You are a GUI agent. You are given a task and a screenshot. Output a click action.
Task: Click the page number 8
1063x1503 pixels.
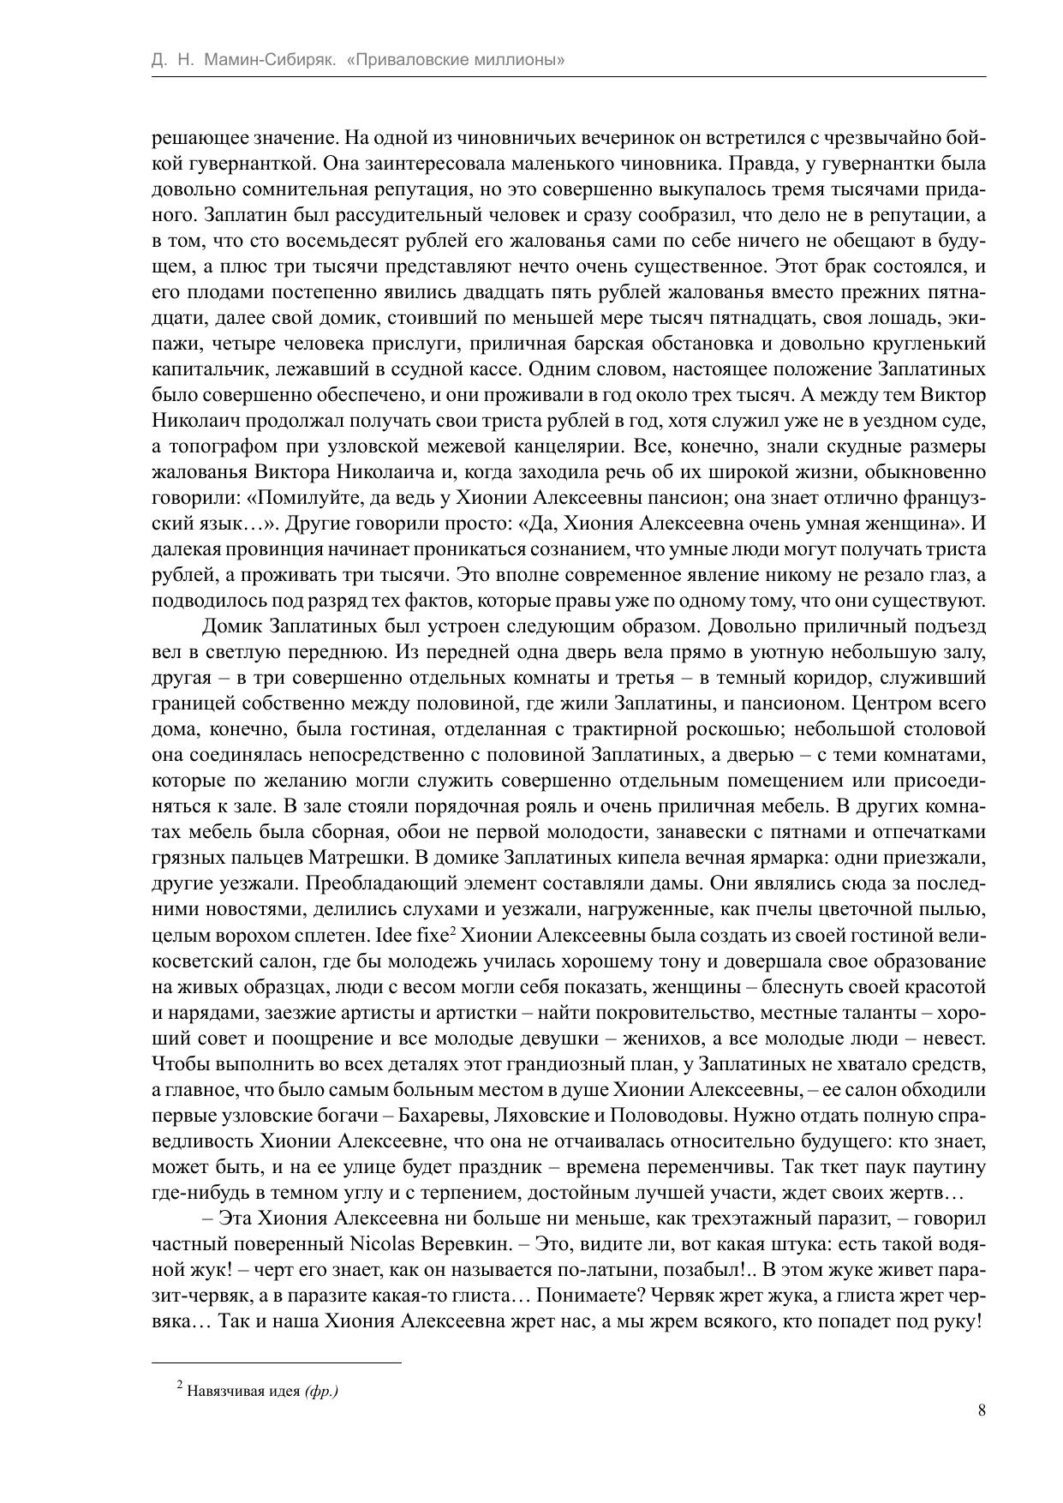click(x=982, y=1410)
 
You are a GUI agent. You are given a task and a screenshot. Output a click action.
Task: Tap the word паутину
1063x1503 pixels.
click(x=941, y=1166)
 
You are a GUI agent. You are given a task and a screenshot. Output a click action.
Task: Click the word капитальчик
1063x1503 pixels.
click(x=205, y=369)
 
